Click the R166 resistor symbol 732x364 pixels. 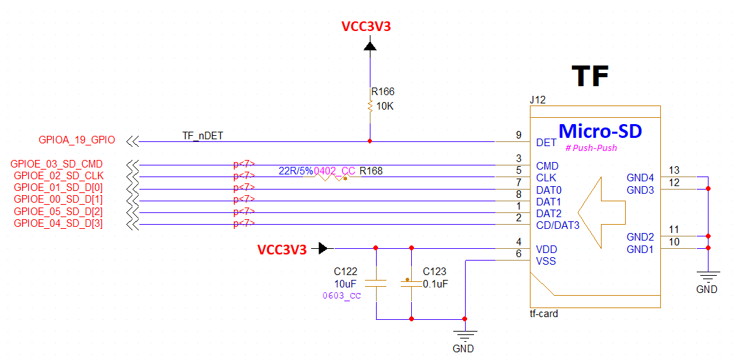click(370, 106)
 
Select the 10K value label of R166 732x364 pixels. click(385, 106)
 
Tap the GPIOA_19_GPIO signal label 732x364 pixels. click(77, 139)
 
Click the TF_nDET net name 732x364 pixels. click(203, 136)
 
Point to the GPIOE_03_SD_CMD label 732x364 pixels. click(57, 164)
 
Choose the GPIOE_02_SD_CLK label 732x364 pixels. click(59, 176)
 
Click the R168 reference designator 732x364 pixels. click(370, 171)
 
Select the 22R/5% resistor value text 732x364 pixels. click(295, 171)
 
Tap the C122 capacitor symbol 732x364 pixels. click(376, 283)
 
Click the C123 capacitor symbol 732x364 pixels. click(411, 283)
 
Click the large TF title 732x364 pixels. click(590, 76)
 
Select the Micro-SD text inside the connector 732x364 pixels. click(600, 131)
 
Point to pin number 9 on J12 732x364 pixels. click(518, 135)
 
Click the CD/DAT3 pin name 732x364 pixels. click(558, 226)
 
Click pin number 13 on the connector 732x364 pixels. click(674, 170)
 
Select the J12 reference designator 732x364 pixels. click(537, 100)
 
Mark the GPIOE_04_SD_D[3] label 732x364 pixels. click(59, 223)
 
